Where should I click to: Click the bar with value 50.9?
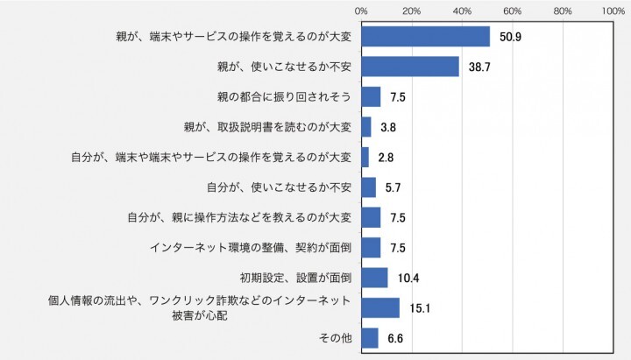click(425, 36)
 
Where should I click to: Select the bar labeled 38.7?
click(409, 67)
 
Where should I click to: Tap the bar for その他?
click(369, 337)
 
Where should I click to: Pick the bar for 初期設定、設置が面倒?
click(374, 278)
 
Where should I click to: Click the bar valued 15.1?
click(379, 307)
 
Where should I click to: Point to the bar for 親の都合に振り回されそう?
click(370, 96)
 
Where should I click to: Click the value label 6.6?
click(395, 337)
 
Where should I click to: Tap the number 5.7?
click(393, 187)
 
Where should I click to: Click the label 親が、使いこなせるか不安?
click(284, 67)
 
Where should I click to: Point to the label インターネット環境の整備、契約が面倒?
click(251, 248)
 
